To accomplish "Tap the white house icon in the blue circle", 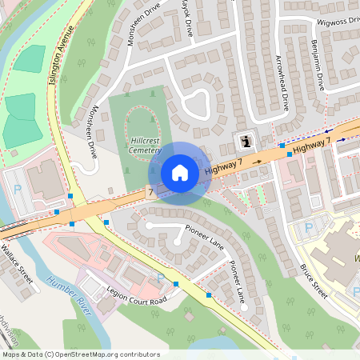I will pos(180,172).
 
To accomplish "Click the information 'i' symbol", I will pos(246,142).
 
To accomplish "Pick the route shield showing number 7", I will pos(150,193).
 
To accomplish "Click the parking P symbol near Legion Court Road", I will pos(160,278).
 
